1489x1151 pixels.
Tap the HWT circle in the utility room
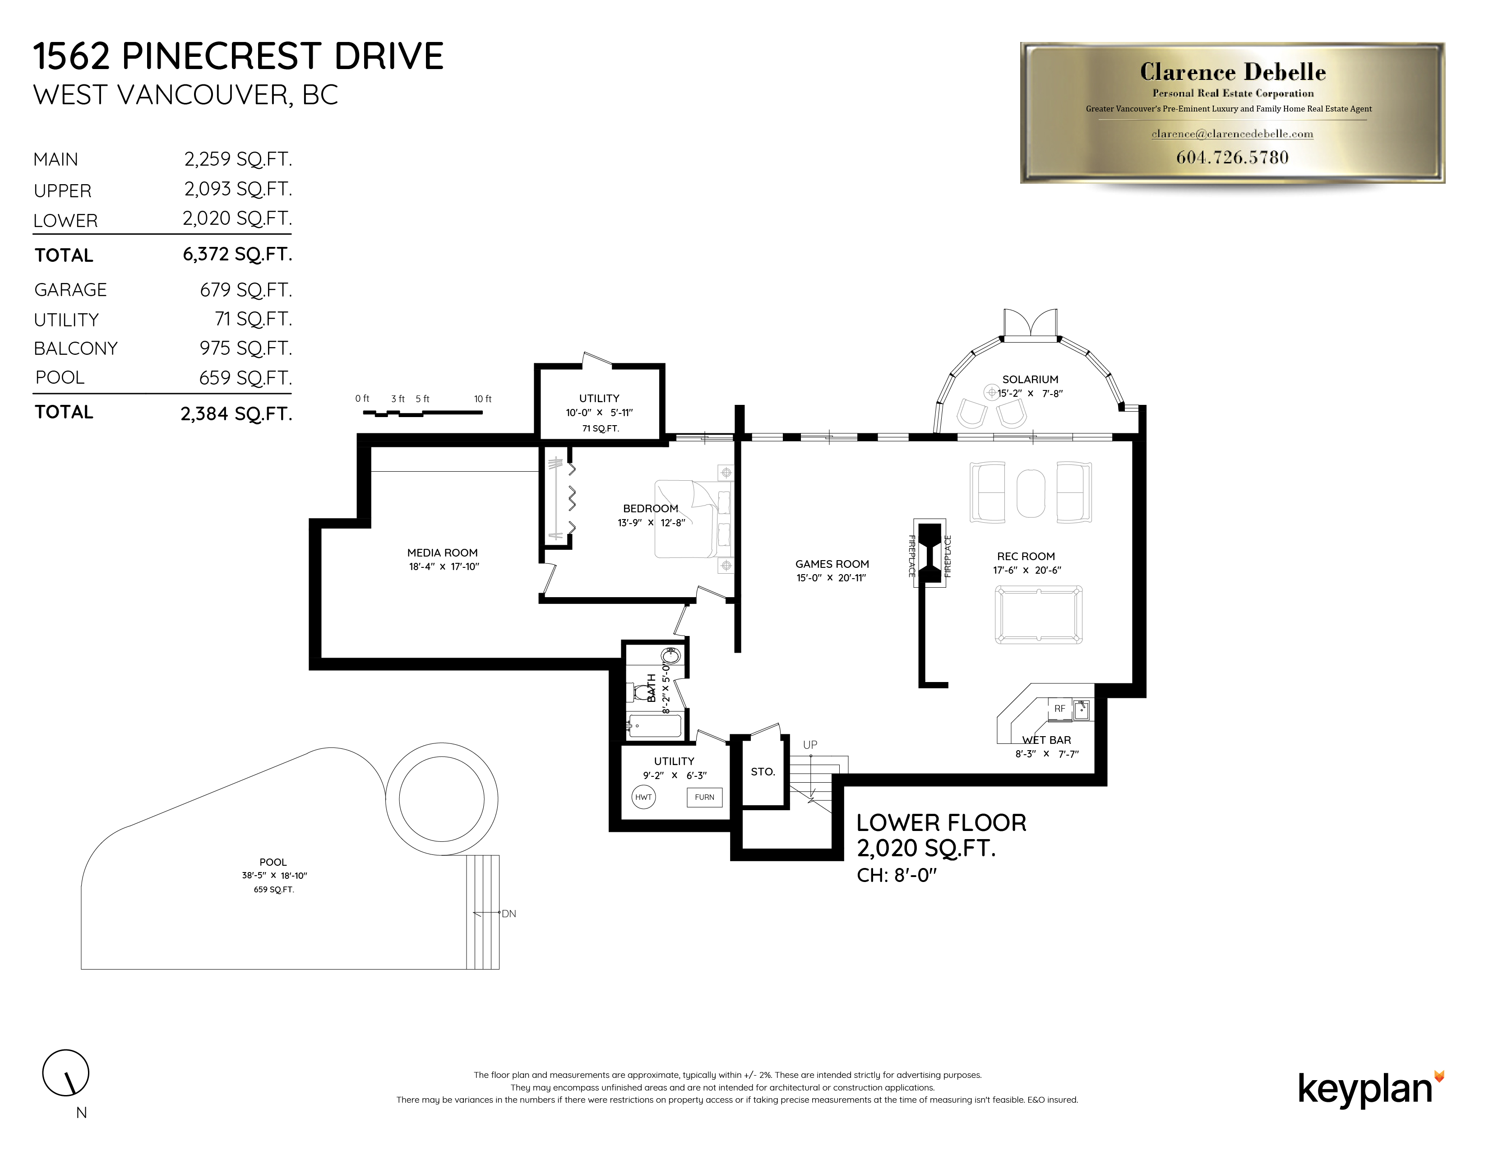(643, 797)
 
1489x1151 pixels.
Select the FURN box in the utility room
(704, 797)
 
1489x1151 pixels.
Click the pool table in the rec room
(1038, 614)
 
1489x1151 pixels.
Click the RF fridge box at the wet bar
(1059, 709)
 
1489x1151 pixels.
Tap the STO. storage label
(762, 772)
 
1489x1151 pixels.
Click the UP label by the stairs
(809, 745)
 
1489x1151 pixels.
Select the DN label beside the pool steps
(509, 914)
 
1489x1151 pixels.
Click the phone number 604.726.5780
(1232, 158)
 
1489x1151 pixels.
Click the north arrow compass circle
(65, 1072)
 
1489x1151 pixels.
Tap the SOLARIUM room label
(1030, 379)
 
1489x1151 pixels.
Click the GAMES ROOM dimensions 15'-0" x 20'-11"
(831, 578)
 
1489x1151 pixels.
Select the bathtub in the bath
(654, 727)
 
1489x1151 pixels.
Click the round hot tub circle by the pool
(441, 798)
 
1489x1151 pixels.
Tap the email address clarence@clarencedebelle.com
(1232, 135)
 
